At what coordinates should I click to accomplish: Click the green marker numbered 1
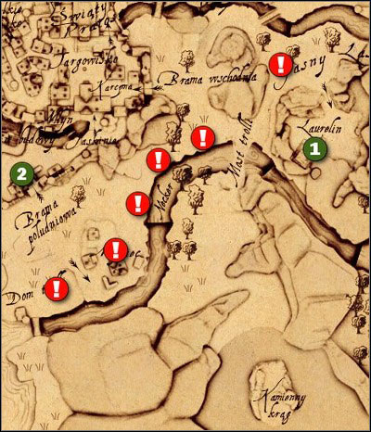pyautogui.click(x=315, y=146)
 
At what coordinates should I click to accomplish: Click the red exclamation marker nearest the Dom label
pyautogui.click(x=57, y=287)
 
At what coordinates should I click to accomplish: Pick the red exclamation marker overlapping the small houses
pyautogui.click(x=116, y=249)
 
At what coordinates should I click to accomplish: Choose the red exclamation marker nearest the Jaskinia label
pyautogui.click(x=158, y=159)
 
